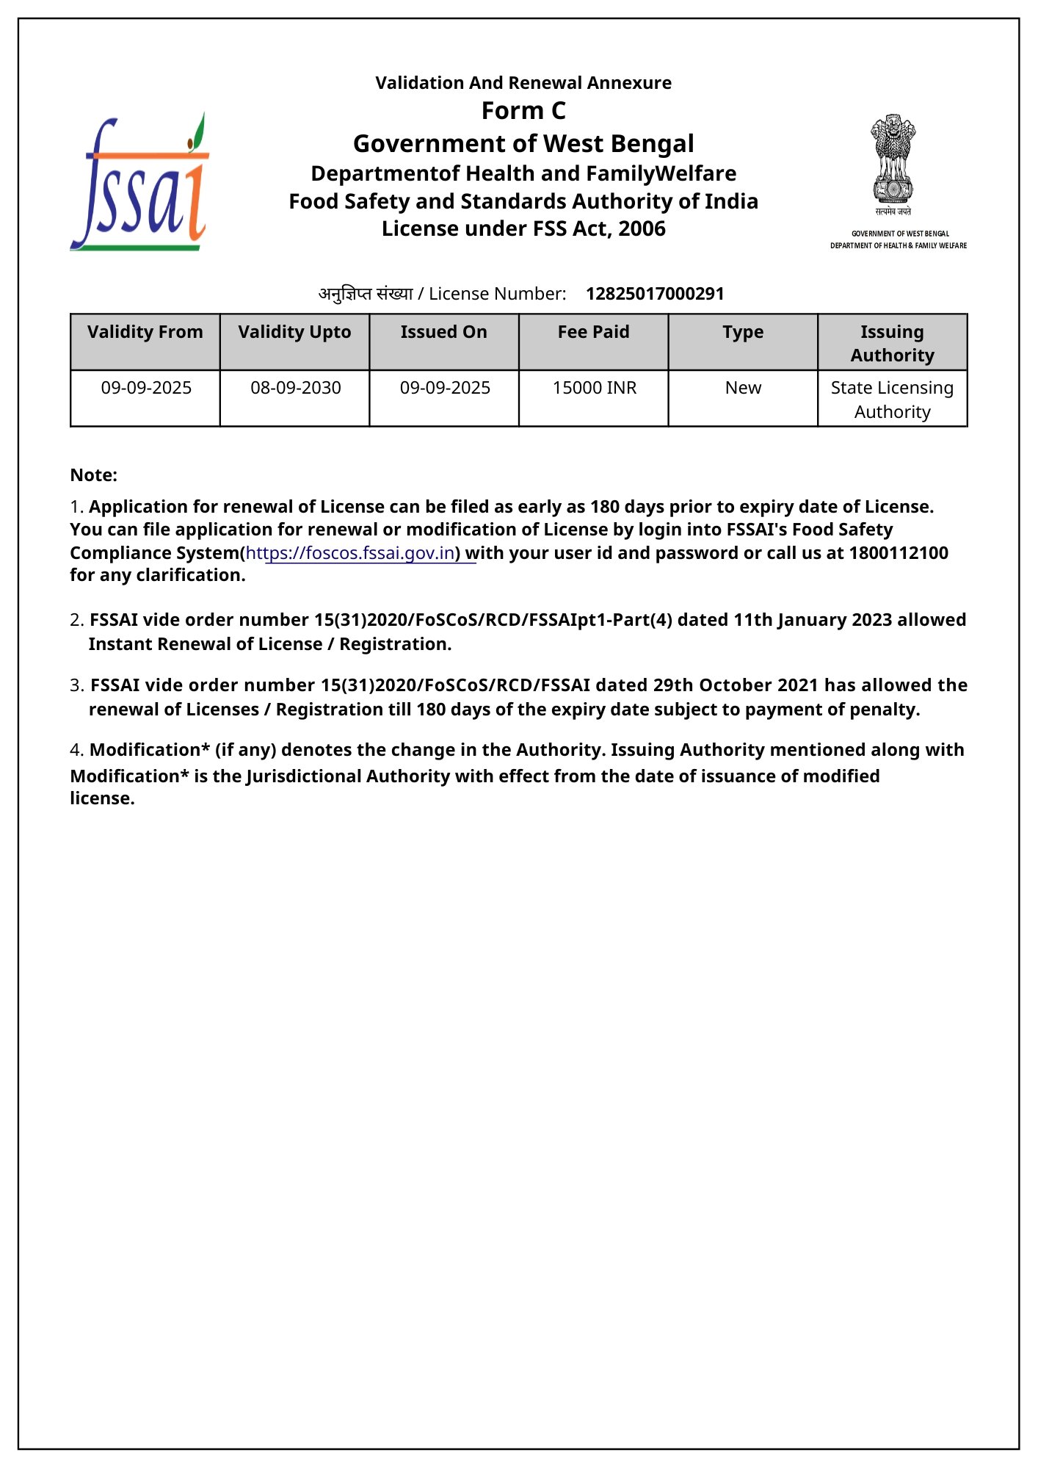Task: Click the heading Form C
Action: pos(523,111)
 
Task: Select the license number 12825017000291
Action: pos(655,294)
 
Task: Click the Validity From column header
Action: pos(145,332)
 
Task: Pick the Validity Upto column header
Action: pos(294,332)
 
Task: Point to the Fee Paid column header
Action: pos(593,332)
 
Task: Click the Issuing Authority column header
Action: pos(892,343)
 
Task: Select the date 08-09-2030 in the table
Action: pos(296,388)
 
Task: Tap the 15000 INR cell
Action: pos(595,388)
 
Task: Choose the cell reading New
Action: pos(743,388)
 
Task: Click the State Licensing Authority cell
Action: pos(892,400)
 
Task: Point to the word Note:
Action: pos(94,475)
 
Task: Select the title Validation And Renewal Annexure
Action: pos(523,83)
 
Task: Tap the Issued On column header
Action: pos(443,332)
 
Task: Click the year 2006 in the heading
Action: pos(642,229)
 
